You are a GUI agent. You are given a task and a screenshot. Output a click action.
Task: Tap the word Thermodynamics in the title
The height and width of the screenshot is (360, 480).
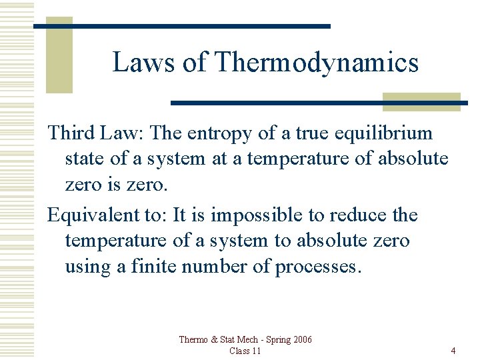(x=317, y=63)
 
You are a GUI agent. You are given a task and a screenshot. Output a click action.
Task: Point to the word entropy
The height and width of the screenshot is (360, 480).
(x=218, y=133)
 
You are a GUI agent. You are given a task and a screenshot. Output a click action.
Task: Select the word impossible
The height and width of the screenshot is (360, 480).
(x=251, y=215)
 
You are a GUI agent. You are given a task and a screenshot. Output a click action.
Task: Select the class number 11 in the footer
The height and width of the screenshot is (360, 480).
(x=256, y=351)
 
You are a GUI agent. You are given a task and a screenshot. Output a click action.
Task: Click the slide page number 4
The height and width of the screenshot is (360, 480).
(x=453, y=351)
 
